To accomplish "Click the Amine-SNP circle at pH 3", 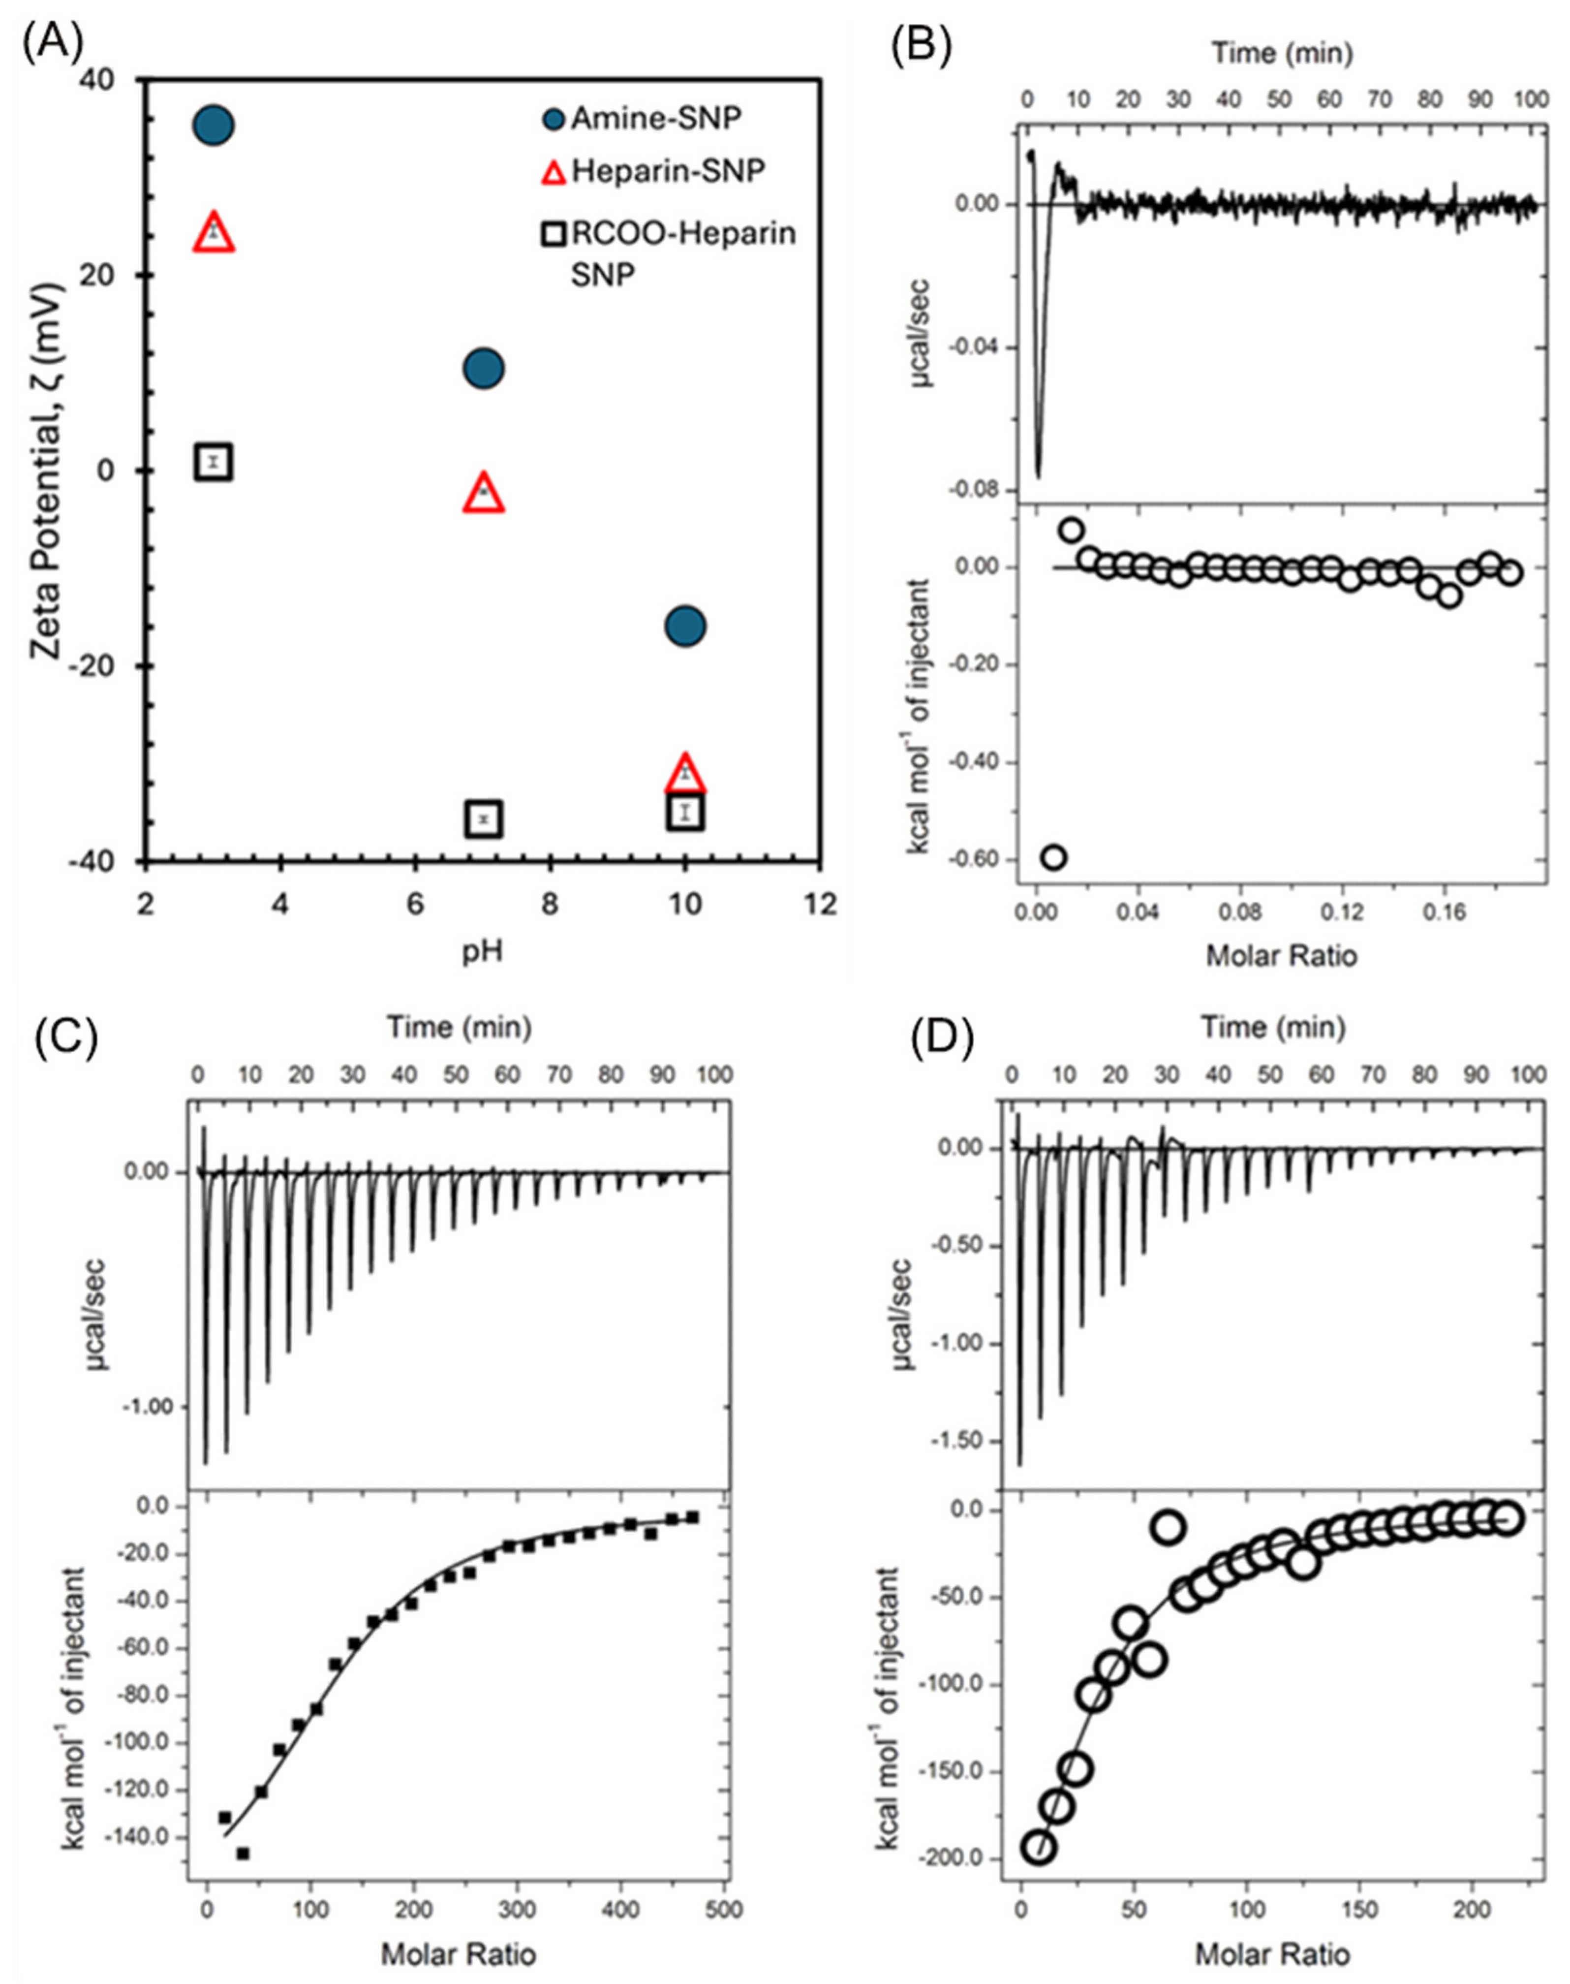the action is point(213,125).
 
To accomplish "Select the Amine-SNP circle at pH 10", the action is point(685,626).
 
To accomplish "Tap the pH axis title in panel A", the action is point(482,950).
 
